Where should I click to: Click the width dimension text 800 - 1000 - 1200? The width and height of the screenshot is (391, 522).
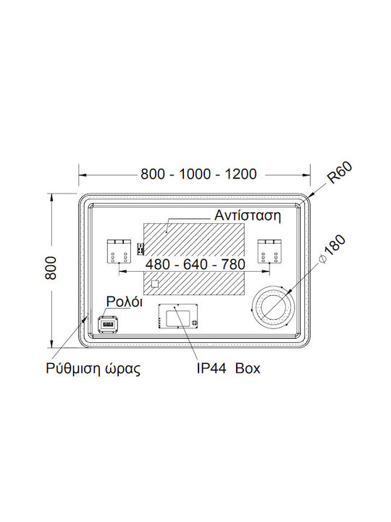(198, 174)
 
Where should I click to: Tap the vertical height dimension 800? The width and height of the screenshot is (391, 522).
(51, 268)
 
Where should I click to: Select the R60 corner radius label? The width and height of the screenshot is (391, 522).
(340, 173)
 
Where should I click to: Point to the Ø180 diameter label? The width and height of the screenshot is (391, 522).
(332, 249)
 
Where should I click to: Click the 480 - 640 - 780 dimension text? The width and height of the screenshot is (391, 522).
(195, 265)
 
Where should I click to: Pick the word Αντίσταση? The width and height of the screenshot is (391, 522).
(248, 215)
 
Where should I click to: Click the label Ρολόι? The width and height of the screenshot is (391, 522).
(125, 302)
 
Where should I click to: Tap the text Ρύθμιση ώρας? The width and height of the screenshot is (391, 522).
(93, 369)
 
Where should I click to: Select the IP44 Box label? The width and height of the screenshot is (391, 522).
(228, 368)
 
